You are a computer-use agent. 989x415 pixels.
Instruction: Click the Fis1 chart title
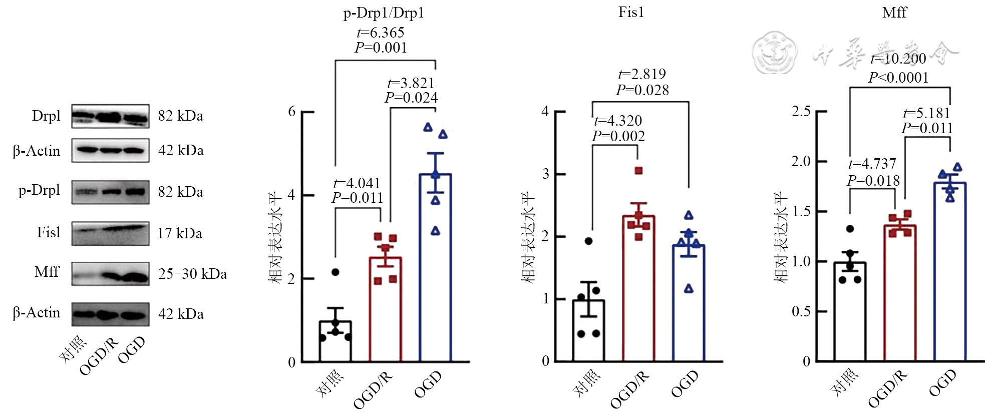coord(631,12)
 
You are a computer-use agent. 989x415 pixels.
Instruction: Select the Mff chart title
coord(894,12)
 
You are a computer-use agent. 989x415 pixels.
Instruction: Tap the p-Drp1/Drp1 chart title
coord(384,13)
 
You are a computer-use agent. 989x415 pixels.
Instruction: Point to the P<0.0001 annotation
coord(898,78)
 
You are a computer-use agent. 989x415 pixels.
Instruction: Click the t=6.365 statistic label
coord(381,33)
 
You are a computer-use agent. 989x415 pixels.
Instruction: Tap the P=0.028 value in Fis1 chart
coord(642,90)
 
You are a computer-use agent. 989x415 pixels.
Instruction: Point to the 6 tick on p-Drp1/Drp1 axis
coord(292,112)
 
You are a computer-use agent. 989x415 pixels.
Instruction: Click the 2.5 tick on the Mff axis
coord(801,111)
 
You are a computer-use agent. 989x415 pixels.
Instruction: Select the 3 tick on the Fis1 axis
coord(546,174)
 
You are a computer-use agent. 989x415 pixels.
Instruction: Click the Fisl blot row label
coord(48,232)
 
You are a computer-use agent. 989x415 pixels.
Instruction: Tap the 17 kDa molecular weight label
coord(180,233)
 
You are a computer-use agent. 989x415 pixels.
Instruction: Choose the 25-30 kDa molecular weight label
coord(192,274)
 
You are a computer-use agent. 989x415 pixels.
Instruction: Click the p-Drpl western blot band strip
coord(110,192)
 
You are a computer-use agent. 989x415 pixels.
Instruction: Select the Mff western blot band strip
coord(110,274)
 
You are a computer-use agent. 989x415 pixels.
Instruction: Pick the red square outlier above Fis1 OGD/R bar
coord(638,171)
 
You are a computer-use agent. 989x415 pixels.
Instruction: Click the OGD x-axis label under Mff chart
coord(942,383)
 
